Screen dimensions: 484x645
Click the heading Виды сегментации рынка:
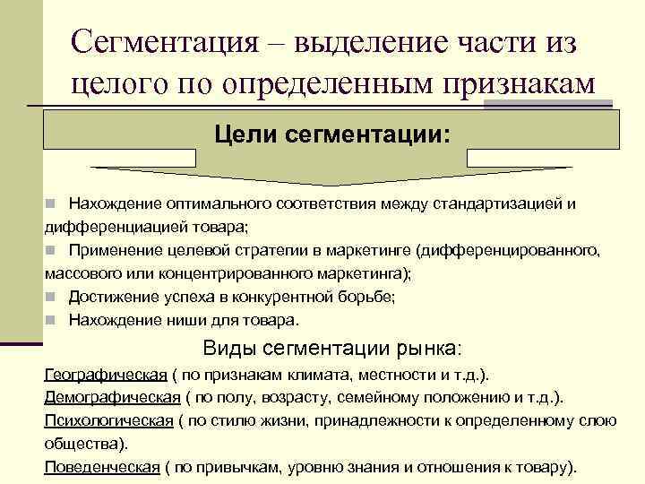(332, 349)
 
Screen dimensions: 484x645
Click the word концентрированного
(224, 273)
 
